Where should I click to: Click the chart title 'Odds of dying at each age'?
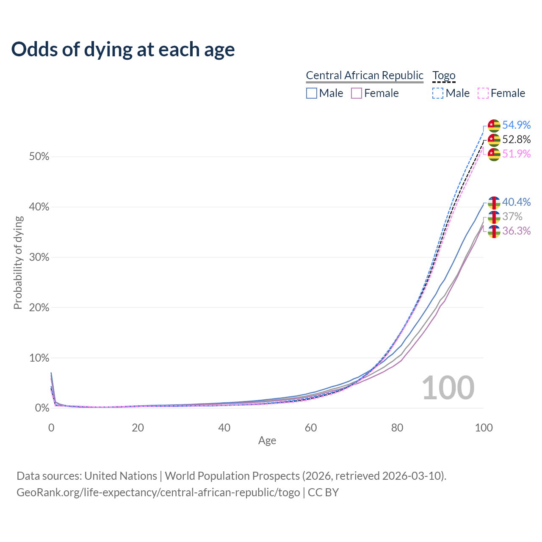coord(123,49)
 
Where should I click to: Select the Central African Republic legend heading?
coord(365,75)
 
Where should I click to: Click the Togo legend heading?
coord(444,75)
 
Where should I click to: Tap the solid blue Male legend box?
coord(312,93)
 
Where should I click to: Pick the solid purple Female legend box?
coord(357,93)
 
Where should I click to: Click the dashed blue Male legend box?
coord(438,93)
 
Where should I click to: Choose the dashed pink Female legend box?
coord(483,93)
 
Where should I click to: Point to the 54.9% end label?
coord(516,125)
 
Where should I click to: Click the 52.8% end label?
coord(516,139)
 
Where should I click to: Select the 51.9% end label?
coord(516,154)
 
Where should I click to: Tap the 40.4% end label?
coord(516,202)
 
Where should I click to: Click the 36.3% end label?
coord(516,231)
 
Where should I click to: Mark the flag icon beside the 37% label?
coord(494,217)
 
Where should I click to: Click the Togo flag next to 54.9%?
coord(494,125)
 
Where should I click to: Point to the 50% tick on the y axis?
coord(39,157)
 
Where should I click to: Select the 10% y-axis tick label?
coord(39,358)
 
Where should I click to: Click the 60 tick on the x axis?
coord(311,428)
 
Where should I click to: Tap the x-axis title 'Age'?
coord(267,441)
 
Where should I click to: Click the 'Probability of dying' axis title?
coord(18,263)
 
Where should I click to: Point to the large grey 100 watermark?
coord(448,388)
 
